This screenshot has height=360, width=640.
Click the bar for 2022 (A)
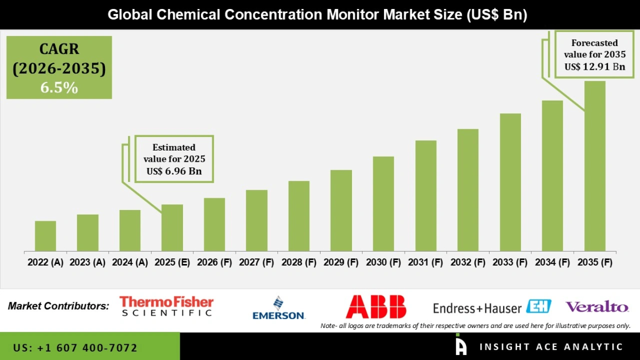pos(45,236)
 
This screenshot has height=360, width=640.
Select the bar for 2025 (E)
pos(172,227)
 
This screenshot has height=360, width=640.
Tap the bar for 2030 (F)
pos(383,203)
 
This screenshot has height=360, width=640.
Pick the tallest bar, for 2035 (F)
pos(595,166)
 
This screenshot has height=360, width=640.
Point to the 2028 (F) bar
pos(299,216)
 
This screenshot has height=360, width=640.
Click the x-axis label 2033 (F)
pos(510,262)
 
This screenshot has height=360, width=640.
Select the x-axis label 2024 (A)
pos(130,262)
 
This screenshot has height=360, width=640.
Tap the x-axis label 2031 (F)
pos(426,262)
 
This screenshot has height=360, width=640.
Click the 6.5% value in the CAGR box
pos(59,88)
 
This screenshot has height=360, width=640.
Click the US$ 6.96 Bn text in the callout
pos(174,171)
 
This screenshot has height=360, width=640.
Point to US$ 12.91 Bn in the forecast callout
pos(595,67)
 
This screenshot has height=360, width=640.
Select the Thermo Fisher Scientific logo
pos(167,307)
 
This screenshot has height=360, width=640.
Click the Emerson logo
pos(278,308)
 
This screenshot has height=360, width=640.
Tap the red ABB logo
pos(376,307)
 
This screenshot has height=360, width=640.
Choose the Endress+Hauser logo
pos(492,307)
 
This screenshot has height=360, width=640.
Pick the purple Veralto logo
pos(597,307)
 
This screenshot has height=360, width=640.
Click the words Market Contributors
pos(59,307)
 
